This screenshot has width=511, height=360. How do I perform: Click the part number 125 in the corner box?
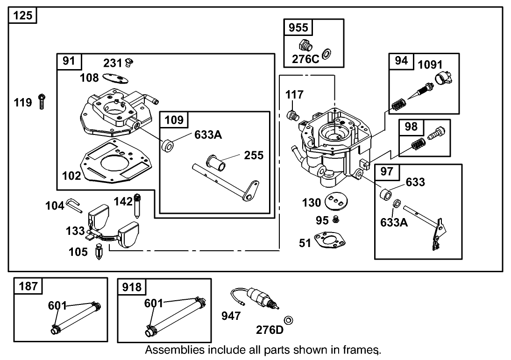[x=23, y=15]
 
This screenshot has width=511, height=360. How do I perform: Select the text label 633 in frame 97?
[x=415, y=182]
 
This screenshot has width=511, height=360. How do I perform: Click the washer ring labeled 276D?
[x=289, y=320]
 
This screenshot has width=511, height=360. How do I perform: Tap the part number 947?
[x=231, y=316]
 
